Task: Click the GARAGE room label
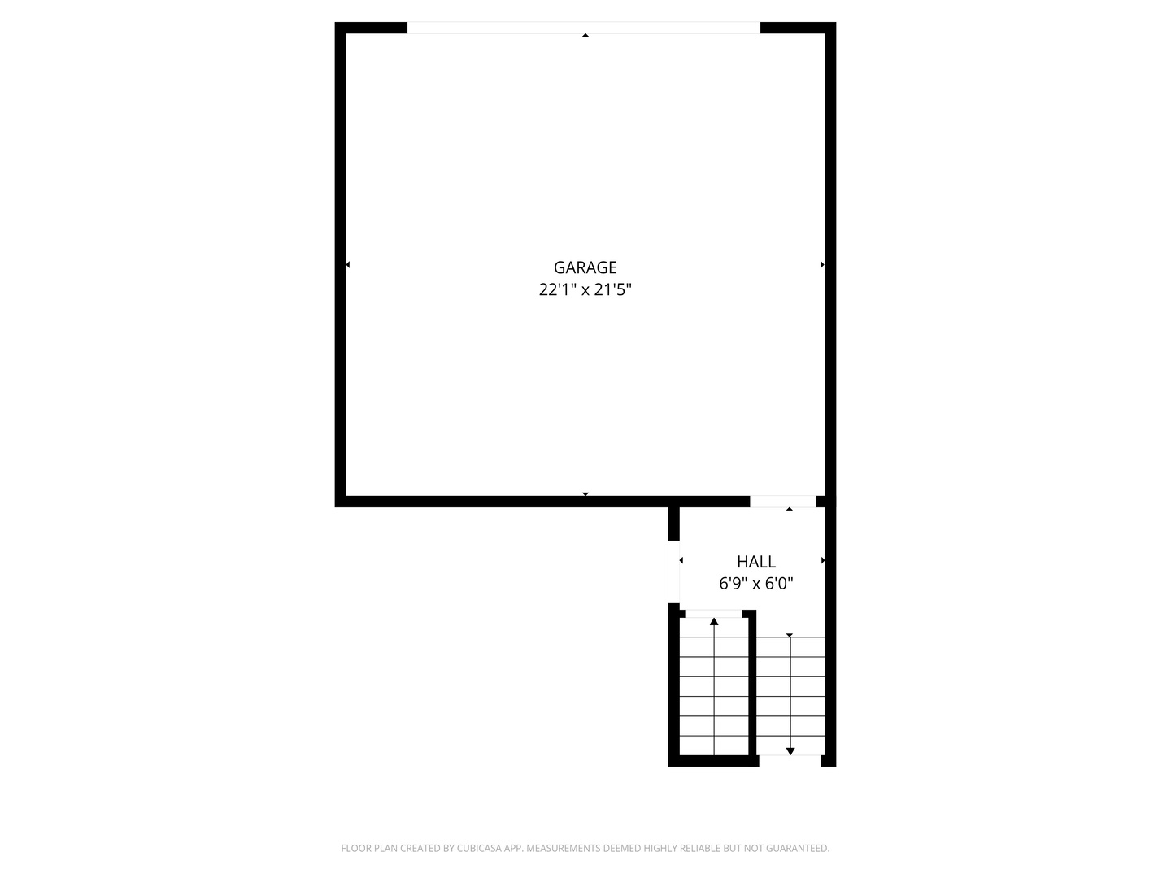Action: (x=585, y=267)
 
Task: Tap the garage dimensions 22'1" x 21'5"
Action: (x=585, y=289)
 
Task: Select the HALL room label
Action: (x=755, y=561)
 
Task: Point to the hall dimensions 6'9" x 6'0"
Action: (x=755, y=583)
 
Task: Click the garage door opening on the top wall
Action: (x=583, y=28)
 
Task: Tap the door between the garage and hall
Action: (x=782, y=502)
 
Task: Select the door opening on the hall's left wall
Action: (x=673, y=572)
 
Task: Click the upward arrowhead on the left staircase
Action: (x=714, y=622)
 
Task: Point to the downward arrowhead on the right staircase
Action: (x=790, y=750)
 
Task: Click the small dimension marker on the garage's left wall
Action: (x=348, y=265)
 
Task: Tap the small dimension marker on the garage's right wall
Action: (x=822, y=265)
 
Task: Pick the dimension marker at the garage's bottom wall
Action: (x=585, y=494)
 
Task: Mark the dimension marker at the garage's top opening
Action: (x=585, y=35)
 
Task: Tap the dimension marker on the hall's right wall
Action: (x=822, y=560)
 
